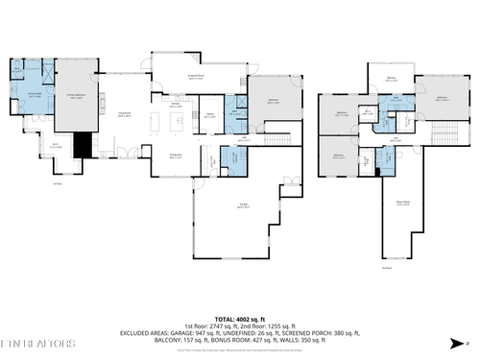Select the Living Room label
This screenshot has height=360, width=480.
(125, 115)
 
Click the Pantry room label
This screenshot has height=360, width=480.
(209, 115)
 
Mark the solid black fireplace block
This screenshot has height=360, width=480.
(84, 145)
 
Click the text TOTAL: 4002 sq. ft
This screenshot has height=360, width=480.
(239, 317)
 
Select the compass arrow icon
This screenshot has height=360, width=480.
(466, 343)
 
